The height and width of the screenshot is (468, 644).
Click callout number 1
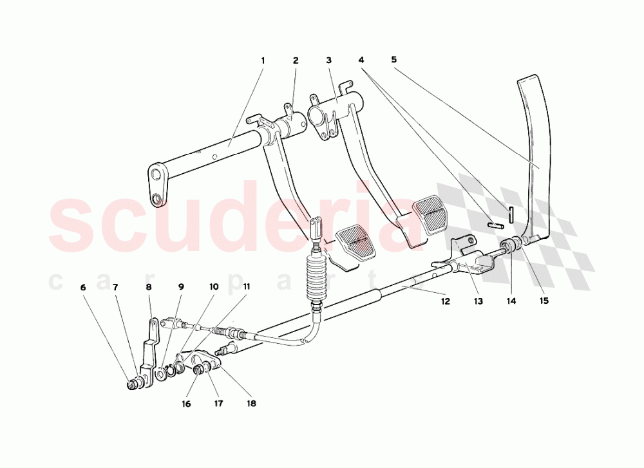tap(263, 61)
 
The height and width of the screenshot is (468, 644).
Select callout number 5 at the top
tap(394, 59)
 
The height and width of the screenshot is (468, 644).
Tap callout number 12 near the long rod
tap(446, 301)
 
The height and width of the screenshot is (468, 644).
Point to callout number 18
tap(251, 404)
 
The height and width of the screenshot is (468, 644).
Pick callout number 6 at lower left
tap(83, 287)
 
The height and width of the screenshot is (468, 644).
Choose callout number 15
tap(544, 301)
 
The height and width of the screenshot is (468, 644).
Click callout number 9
tap(181, 287)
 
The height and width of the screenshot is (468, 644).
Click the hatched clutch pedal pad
tap(355, 244)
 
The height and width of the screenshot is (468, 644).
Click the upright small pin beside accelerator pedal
tap(511, 215)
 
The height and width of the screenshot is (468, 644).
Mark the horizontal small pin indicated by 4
tap(495, 225)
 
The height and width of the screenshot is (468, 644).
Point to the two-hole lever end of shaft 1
tap(158, 185)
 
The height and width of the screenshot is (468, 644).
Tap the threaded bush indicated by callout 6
tap(133, 385)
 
